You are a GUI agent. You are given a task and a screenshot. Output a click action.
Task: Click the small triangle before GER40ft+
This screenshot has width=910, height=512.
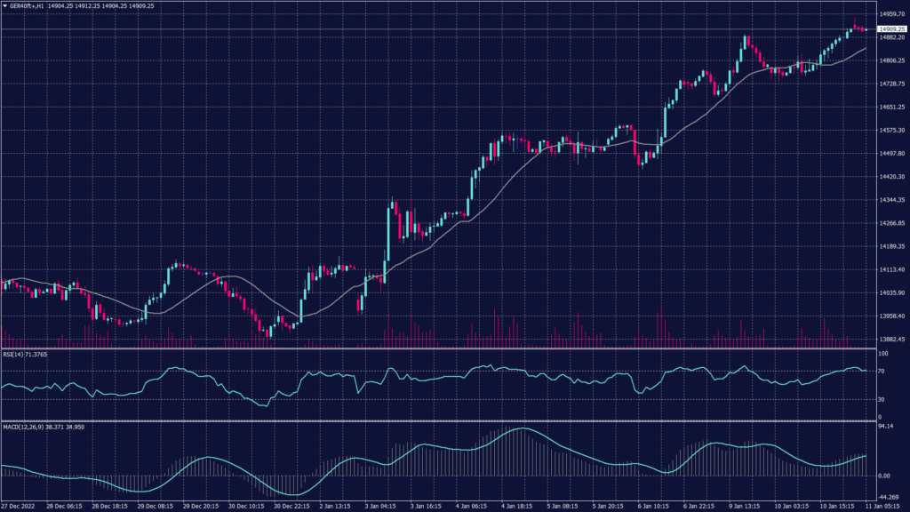4,5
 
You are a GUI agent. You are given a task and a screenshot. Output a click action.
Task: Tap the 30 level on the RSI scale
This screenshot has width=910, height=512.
882,399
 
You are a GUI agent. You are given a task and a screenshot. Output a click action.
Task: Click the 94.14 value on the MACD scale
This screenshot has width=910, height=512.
885,427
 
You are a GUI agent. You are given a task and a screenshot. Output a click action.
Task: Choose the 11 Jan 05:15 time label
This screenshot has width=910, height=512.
882,507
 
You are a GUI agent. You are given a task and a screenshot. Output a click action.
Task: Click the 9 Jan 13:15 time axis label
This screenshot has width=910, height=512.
746,507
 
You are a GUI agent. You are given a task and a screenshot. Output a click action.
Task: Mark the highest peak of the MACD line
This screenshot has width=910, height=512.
518,428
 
